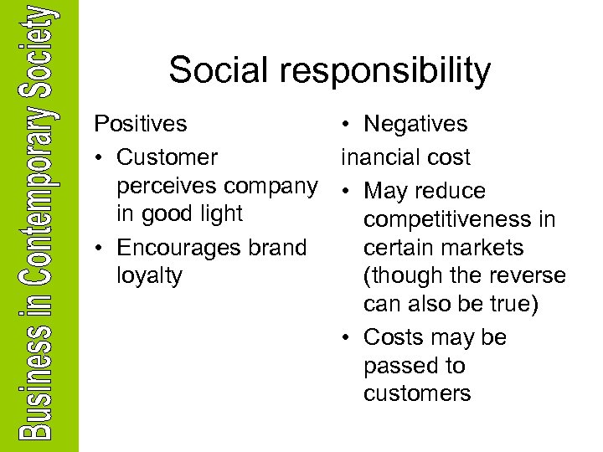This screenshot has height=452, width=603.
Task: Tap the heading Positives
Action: pos(140,125)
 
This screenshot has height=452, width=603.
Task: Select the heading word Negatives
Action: pos(415,125)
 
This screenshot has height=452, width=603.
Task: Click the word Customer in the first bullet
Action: pos(167,157)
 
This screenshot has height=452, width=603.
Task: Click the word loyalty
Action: pos(150,276)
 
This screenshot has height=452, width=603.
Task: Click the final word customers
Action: pos(417,393)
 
